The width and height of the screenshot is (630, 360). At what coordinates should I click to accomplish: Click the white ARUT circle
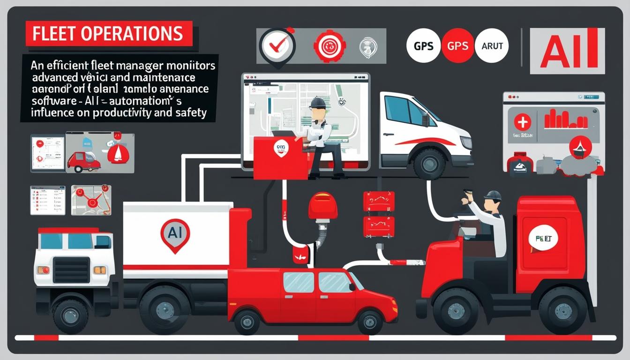[492, 45]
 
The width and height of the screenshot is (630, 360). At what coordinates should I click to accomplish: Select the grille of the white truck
[71, 270]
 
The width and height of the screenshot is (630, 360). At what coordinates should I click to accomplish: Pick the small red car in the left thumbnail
[83, 160]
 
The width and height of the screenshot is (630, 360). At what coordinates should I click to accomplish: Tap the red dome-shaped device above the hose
[322, 205]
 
